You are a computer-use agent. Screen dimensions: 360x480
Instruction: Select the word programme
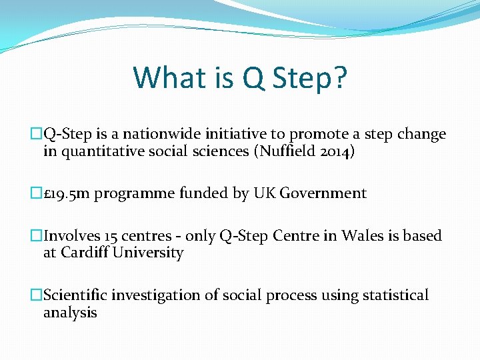tap(131, 194)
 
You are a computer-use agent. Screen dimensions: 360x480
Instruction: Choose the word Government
tap(323, 194)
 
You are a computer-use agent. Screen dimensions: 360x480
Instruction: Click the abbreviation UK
tap(264, 194)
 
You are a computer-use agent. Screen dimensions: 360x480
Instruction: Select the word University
tap(148, 253)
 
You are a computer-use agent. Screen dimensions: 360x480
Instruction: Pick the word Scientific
tap(75, 295)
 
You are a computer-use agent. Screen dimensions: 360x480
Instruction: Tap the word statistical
tap(395, 295)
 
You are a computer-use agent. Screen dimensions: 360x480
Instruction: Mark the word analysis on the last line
tap(70, 313)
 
